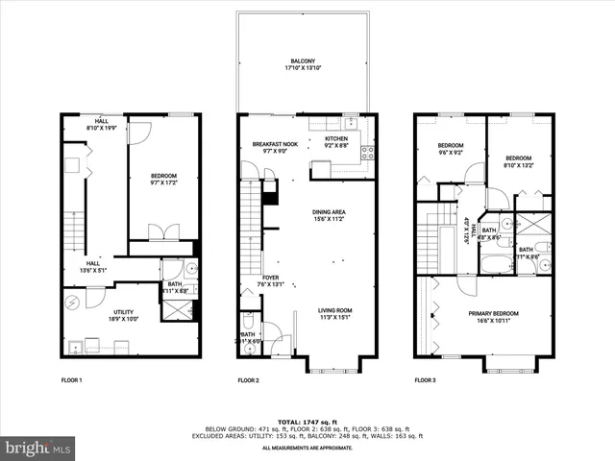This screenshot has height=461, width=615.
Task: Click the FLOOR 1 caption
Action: (73, 381)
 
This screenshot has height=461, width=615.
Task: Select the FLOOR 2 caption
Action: (249, 381)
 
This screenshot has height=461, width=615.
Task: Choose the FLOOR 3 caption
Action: (425, 381)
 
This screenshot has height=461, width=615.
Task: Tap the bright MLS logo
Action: (38, 447)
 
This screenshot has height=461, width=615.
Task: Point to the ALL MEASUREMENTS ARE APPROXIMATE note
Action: (307, 448)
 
